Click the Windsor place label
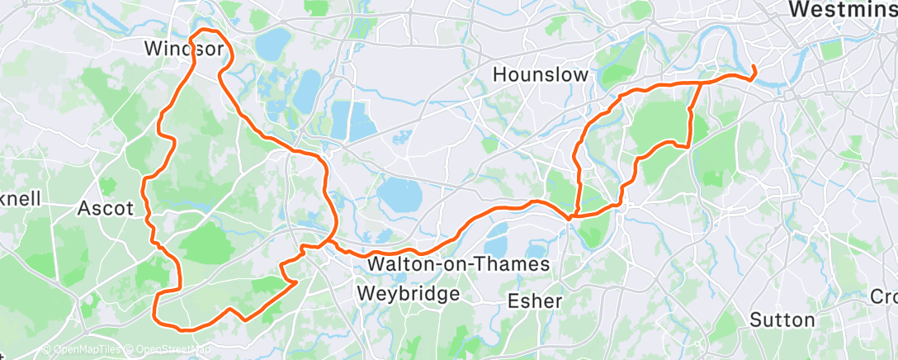pos(183,49)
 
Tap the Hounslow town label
pos(541,74)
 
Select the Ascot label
pos(105,208)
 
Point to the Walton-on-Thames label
pos(459,264)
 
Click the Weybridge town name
pos(408,293)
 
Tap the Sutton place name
pos(782,319)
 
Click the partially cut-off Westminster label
pos(842,9)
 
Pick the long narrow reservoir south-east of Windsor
pos(309,89)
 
